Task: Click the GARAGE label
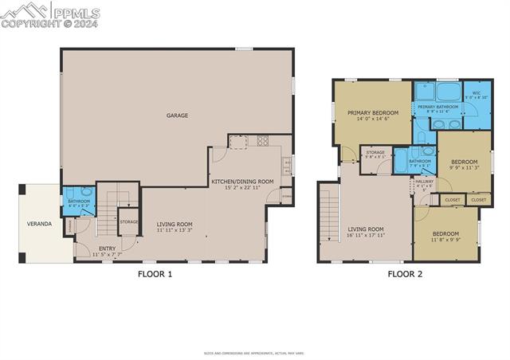(x=177, y=115)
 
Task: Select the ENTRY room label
(x=107, y=248)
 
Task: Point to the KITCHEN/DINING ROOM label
(x=242, y=182)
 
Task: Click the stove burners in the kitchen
(x=262, y=142)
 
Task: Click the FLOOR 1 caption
(x=154, y=275)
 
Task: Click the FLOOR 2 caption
(x=405, y=275)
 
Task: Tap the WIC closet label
(x=476, y=93)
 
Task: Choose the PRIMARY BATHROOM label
(x=437, y=107)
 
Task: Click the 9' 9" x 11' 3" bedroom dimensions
(x=464, y=168)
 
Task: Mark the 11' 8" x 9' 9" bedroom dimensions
(x=445, y=239)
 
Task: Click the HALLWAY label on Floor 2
(x=425, y=182)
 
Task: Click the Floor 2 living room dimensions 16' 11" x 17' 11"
(x=366, y=236)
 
